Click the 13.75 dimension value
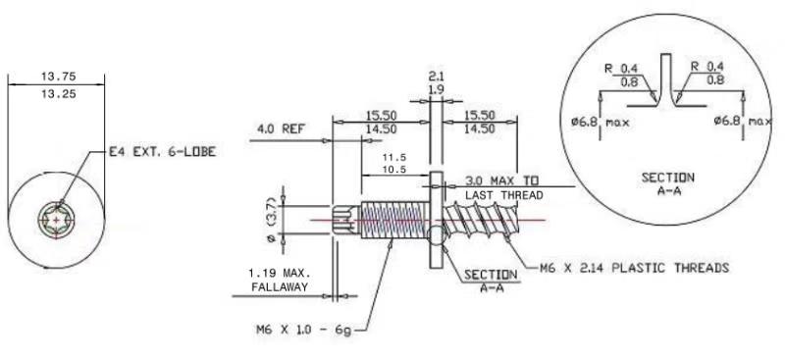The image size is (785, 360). pyautogui.click(x=58, y=77)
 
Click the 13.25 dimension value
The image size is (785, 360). pyautogui.click(x=58, y=93)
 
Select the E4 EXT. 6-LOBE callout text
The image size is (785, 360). pyautogui.click(x=163, y=152)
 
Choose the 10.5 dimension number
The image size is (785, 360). pyautogui.click(x=393, y=169)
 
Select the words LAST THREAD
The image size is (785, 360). pyautogui.click(x=504, y=195)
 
